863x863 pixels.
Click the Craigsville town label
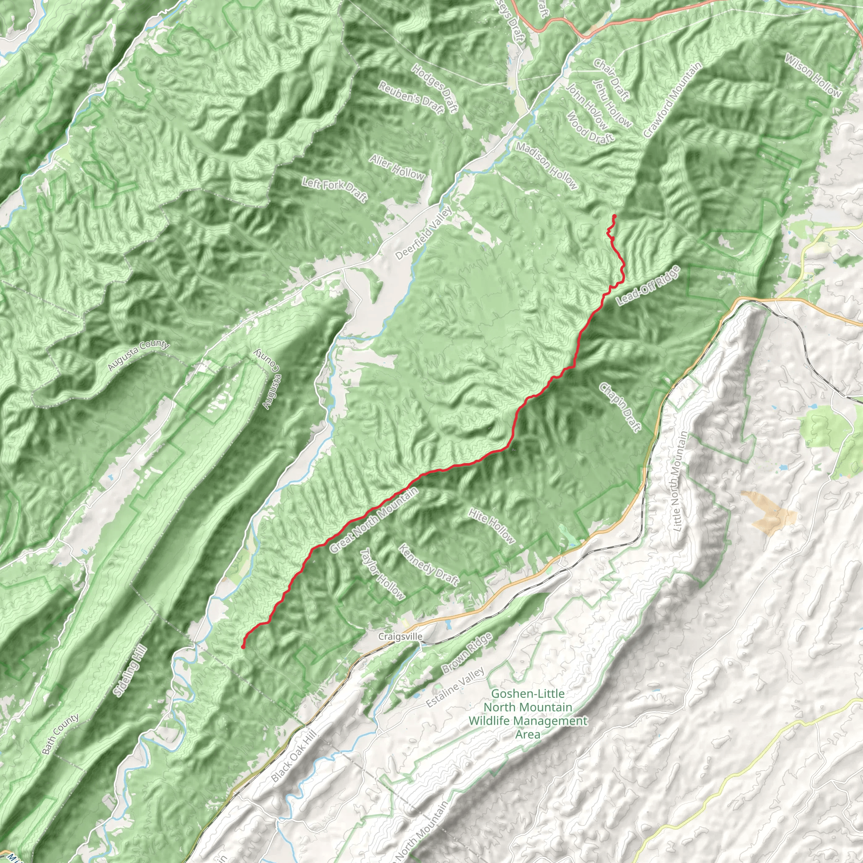[x=400, y=636]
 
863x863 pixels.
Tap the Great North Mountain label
[x=375, y=520]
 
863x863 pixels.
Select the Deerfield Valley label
[x=424, y=233]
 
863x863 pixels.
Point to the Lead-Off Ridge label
[x=648, y=286]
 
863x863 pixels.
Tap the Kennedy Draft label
[x=429, y=564]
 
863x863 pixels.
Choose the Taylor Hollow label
[x=382, y=574]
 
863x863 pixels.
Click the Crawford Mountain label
[x=673, y=99]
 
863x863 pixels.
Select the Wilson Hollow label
[x=813, y=75]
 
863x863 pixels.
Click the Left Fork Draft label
[x=335, y=190]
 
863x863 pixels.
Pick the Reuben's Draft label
[x=411, y=98]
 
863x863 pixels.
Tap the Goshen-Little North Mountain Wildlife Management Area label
[x=528, y=714]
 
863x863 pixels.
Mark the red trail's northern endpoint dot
[x=615, y=217]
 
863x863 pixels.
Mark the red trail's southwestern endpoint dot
[x=243, y=646]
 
